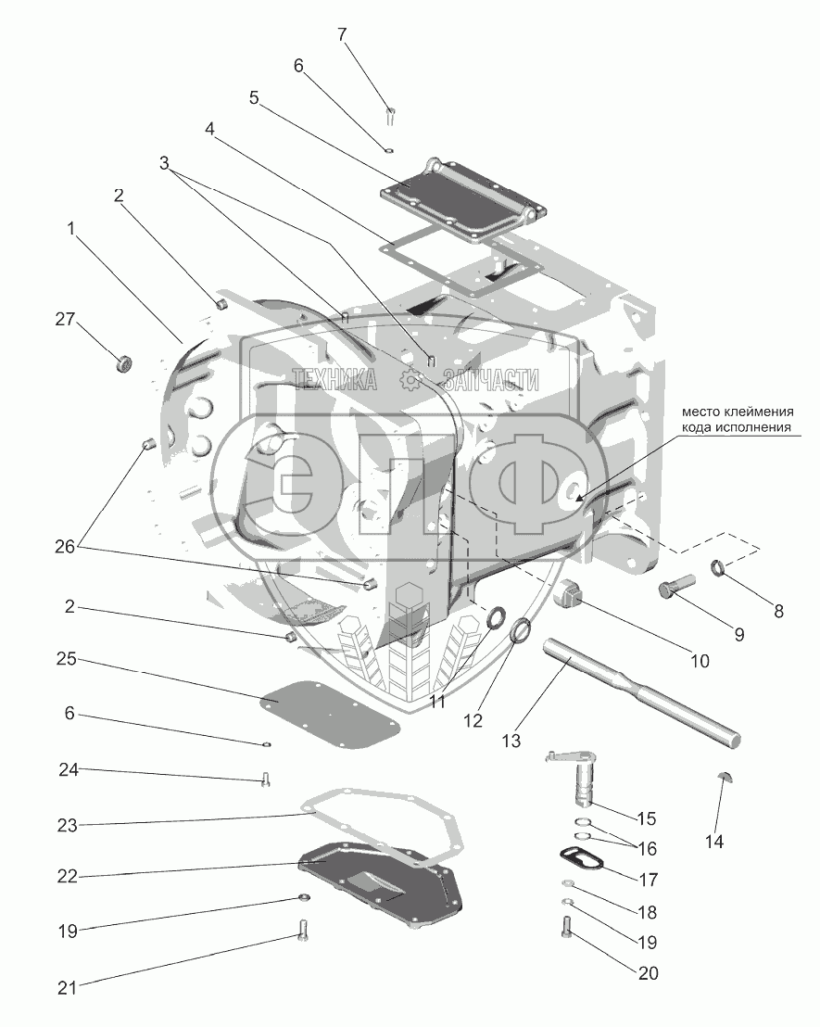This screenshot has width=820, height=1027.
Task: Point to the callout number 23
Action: click(66, 823)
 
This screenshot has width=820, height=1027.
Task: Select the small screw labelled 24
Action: click(266, 780)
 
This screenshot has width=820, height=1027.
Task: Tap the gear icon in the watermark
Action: click(411, 378)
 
